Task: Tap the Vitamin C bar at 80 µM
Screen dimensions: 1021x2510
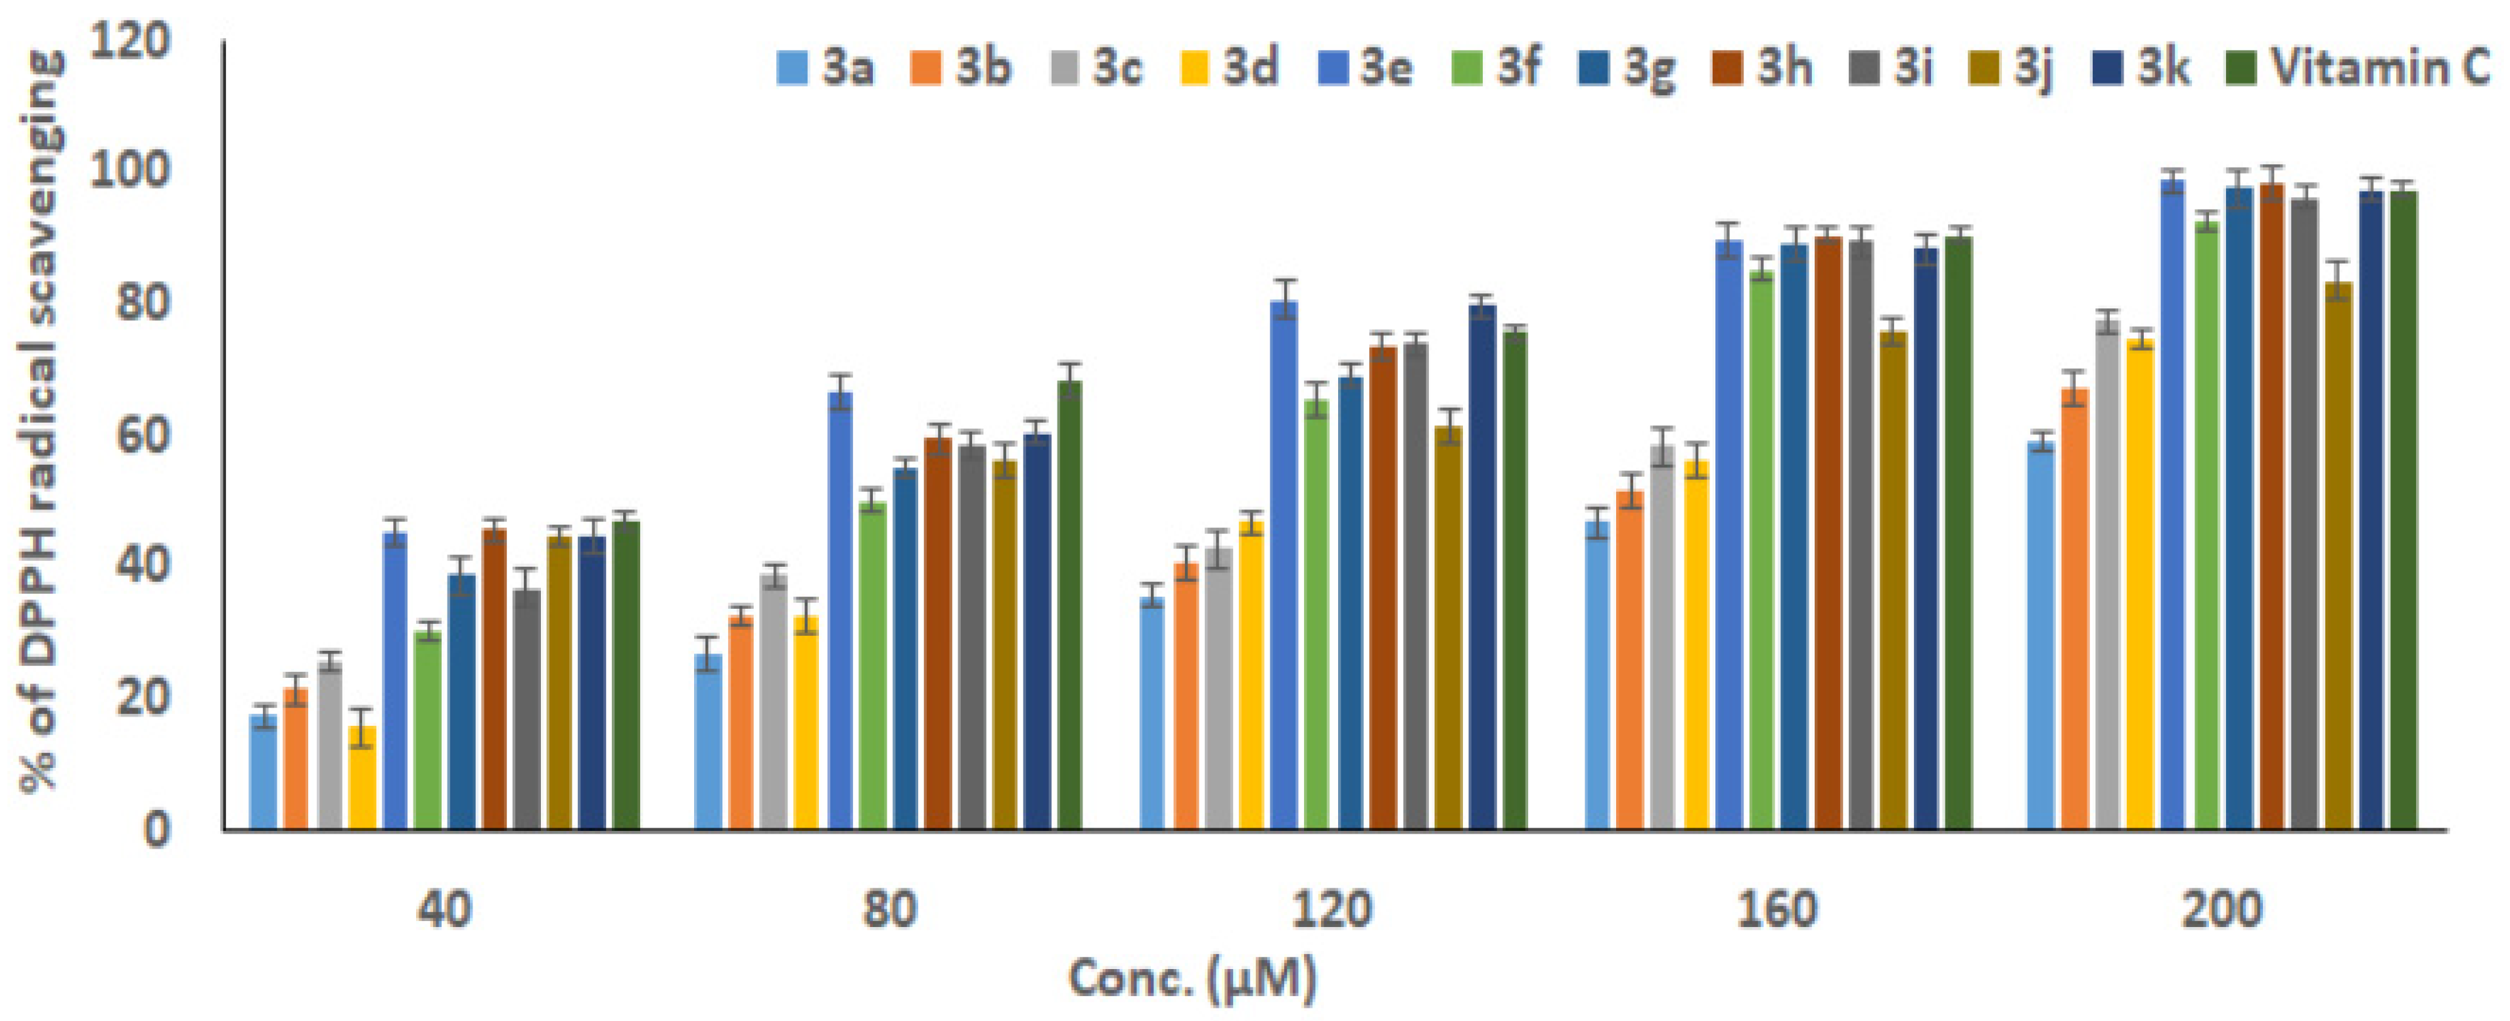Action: coord(1069,605)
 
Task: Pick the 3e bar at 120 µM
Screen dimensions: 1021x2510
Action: coord(1284,565)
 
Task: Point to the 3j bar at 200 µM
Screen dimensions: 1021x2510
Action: coord(2338,556)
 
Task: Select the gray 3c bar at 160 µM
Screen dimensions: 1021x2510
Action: coord(1662,638)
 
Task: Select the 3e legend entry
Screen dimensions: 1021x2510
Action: coord(1364,68)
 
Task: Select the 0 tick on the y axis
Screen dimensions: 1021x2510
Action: coord(156,830)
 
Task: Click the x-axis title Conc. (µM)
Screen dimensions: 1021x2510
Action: coord(1193,978)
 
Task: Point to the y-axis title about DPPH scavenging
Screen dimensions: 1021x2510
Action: coord(41,424)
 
